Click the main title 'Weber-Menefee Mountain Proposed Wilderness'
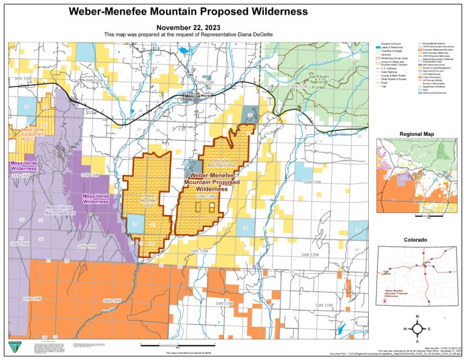point(187,12)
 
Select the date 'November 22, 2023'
point(187,27)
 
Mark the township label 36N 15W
point(22,78)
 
